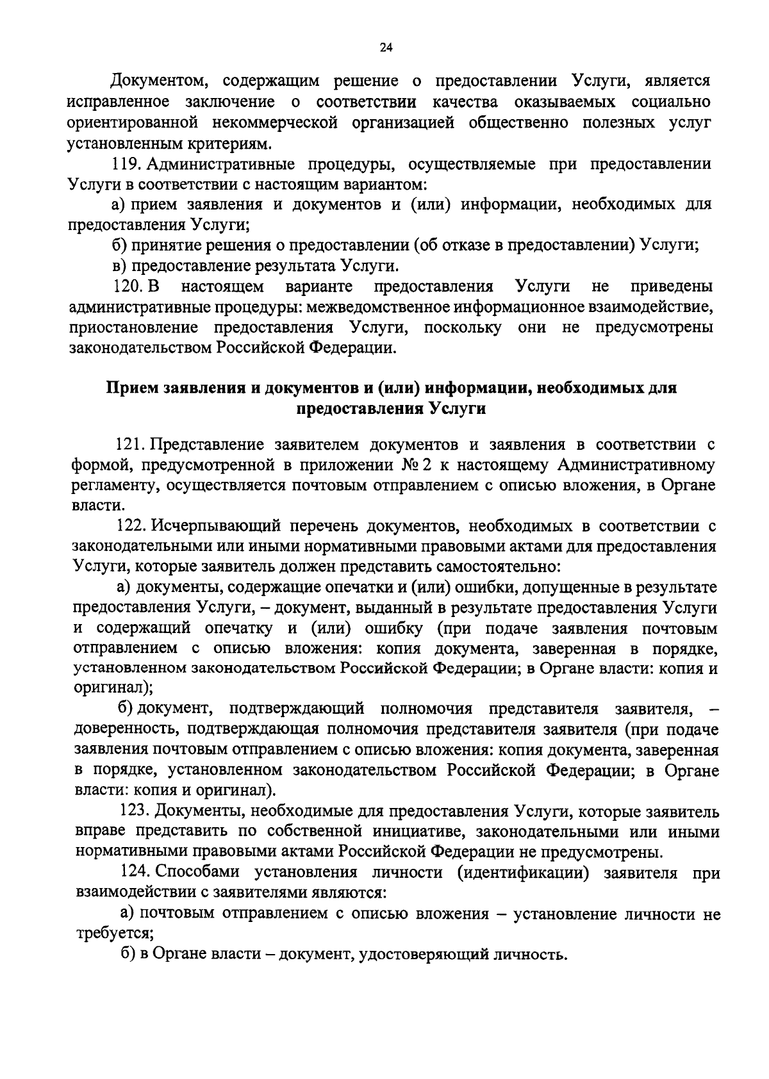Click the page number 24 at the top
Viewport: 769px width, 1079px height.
386,47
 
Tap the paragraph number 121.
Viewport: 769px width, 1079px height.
131,445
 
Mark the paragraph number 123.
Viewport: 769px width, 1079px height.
135,812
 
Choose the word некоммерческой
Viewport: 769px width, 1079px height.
274,122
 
